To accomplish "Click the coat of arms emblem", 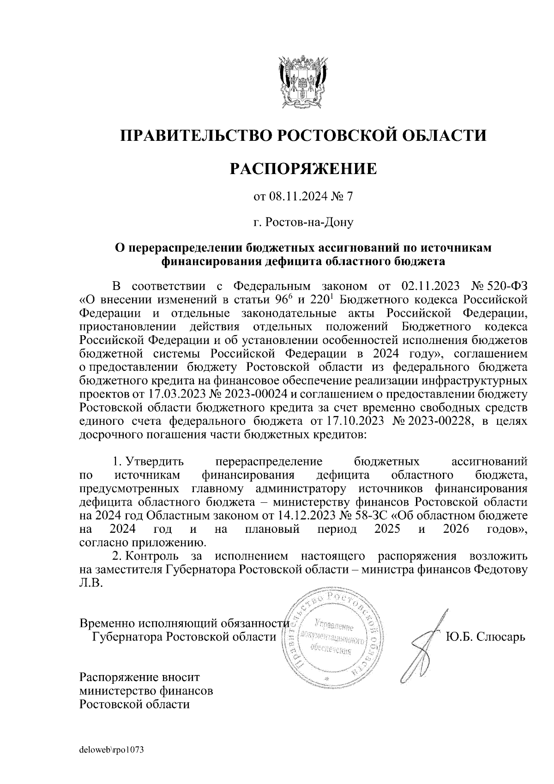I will pyautogui.click(x=303, y=83).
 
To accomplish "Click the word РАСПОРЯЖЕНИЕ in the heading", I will pyautogui.click(x=303, y=169).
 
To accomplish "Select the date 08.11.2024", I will pyautogui.click(x=299, y=197).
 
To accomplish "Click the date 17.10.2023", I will pyautogui.click(x=350, y=422).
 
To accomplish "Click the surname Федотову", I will pyautogui.click(x=500, y=569).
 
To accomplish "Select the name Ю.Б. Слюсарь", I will pyautogui.click(x=485, y=638).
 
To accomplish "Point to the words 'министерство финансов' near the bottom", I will pyautogui.click(x=146, y=691).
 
